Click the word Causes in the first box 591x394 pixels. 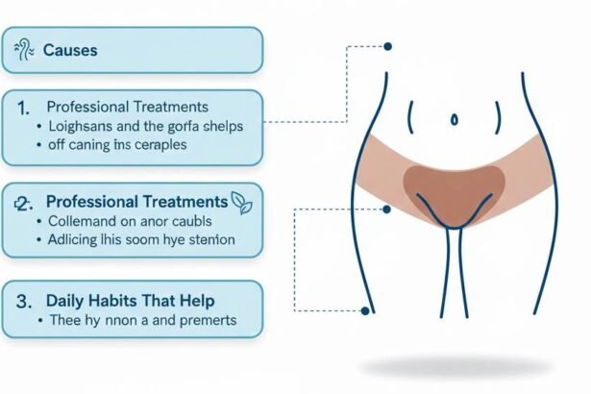(x=70, y=50)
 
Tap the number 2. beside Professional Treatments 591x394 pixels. (x=26, y=202)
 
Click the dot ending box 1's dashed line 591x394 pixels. (x=387, y=46)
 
